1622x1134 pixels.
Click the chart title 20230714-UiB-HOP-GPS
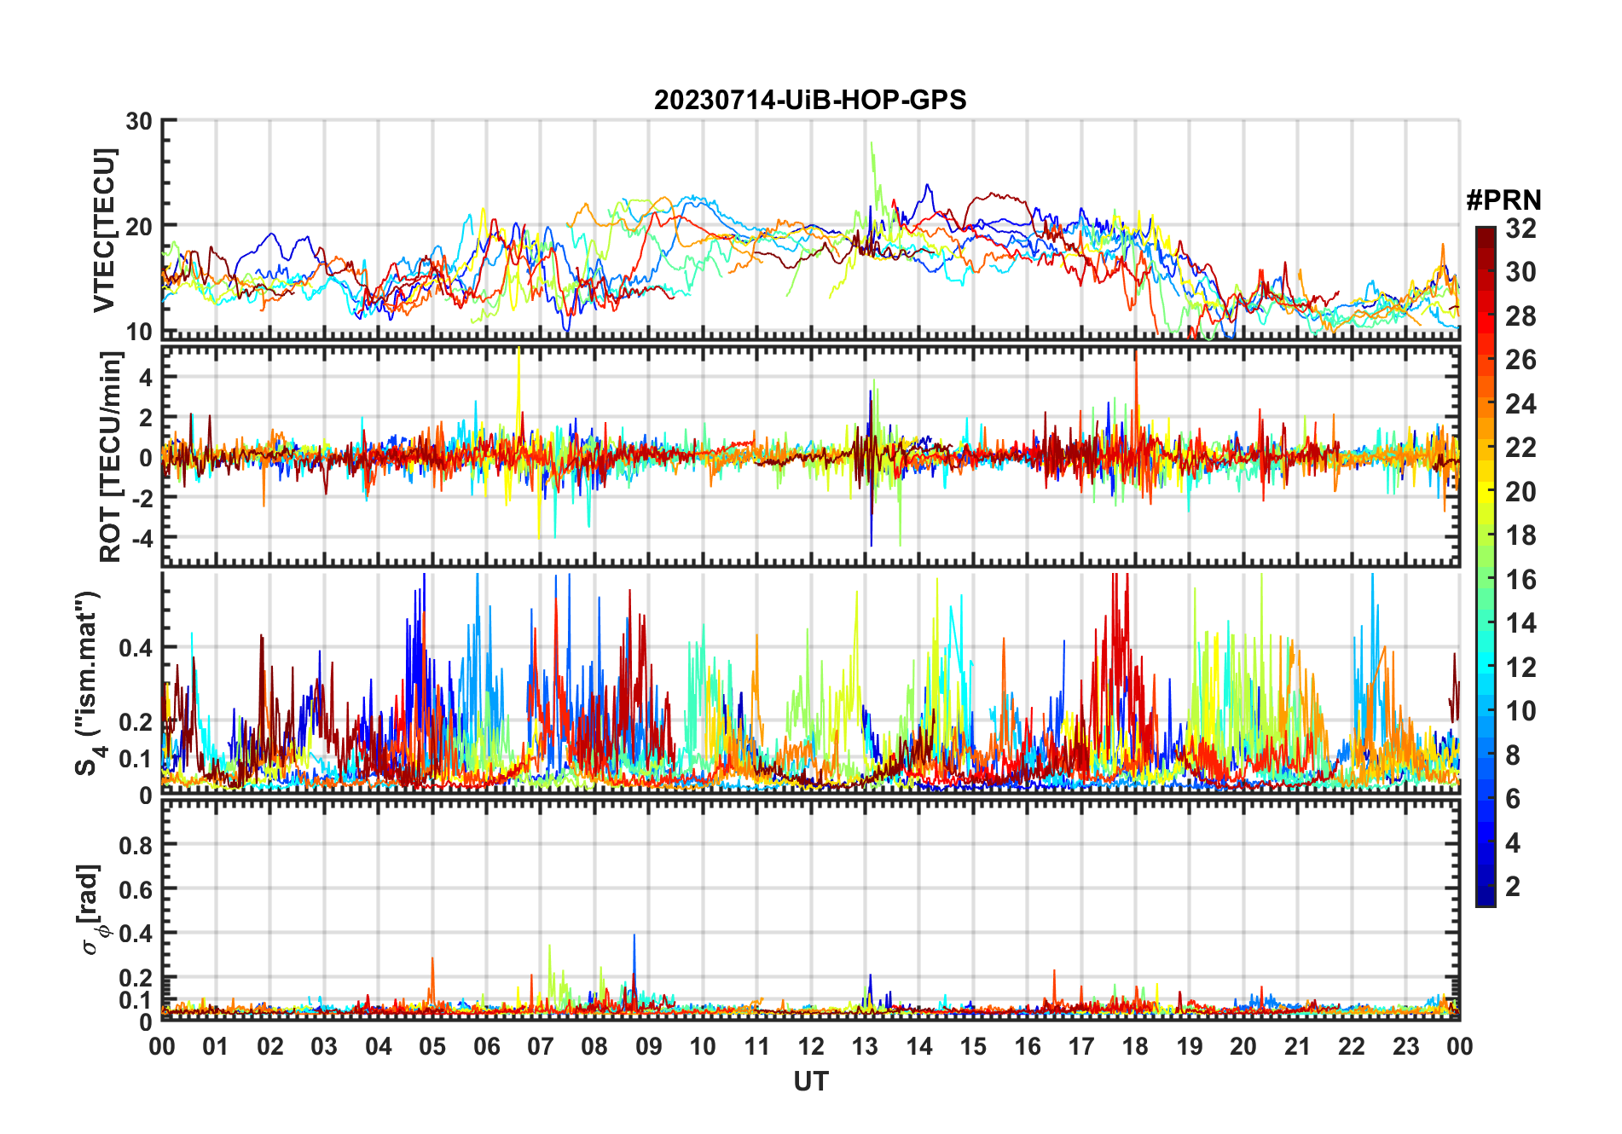(x=810, y=101)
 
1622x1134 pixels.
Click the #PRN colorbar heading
(x=1503, y=200)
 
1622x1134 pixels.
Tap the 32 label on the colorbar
(x=1521, y=229)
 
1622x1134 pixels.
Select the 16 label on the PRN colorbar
(x=1521, y=580)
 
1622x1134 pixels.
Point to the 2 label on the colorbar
(x=1513, y=887)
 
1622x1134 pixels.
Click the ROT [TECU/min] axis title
(x=111, y=457)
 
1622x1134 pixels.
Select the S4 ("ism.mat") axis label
(x=89, y=682)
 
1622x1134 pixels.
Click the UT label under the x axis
(x=810, y=1082)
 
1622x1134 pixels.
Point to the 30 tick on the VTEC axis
(x=139, y=122)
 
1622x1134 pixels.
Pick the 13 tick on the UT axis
(x=865, y=1046)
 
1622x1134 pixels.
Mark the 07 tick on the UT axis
(x=541, y=1046)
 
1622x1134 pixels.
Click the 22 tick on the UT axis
(x=1352, y=1046)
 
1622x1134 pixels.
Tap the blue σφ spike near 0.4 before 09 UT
(x=634, y=935)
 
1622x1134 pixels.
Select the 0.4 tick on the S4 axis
(x=135, y=648)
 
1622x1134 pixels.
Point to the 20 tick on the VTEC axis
(x=139, y=227)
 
